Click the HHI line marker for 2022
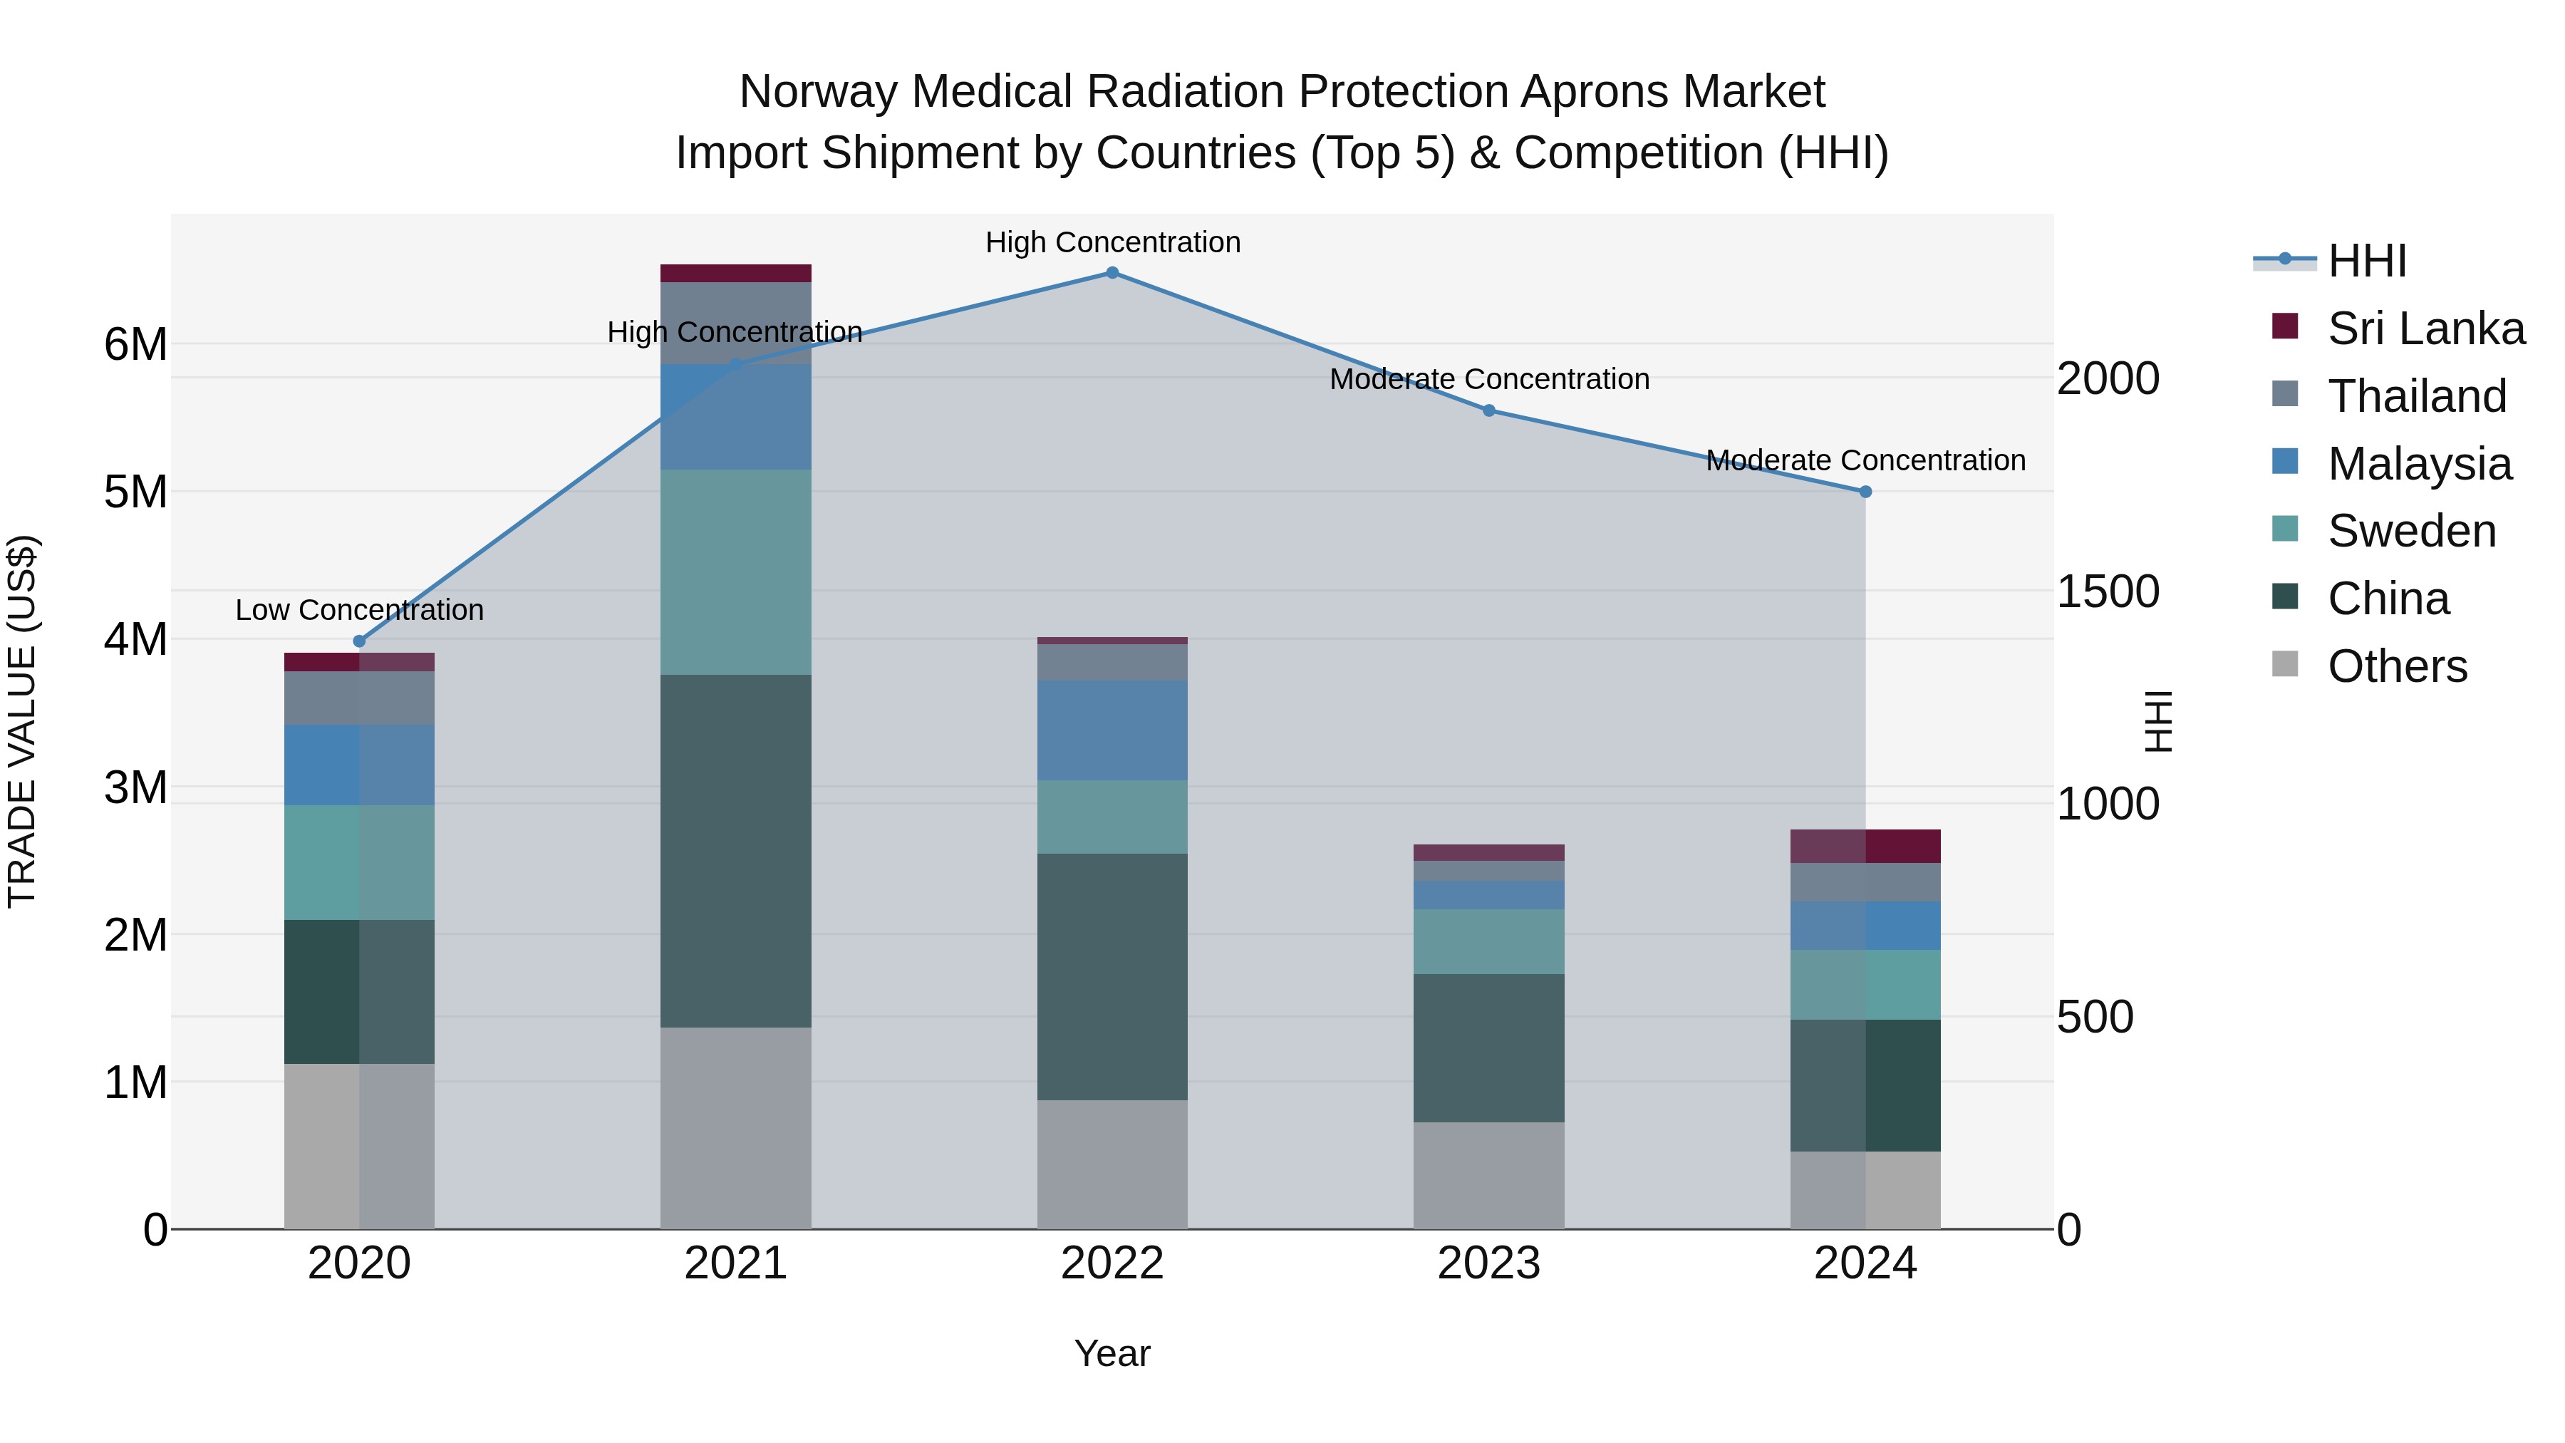[x=1112, y=273]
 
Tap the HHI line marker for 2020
[x=360, y=641]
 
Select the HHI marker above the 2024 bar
[x=1865, y=492]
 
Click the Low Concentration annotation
[x=360, y=609]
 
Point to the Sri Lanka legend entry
[x=2425, y=329]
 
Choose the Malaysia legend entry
[x=2419, y=464]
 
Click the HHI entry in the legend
[x=2367, y=261]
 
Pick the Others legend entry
[x=2397, y=666]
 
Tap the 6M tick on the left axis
[x=135, y=345]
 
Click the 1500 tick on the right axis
[x=2107, y=591]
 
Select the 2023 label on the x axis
[x=1488, y=1263]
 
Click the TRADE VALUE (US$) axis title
[x=22, y=721]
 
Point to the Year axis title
[x=1112, y=1353]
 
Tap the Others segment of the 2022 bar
[x=1112, y=1164]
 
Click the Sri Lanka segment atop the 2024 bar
[x=1865, y=847]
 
